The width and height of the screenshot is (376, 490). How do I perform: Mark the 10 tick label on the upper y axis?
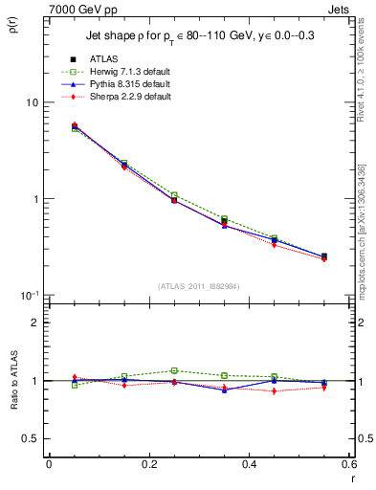click(x=31, y=102)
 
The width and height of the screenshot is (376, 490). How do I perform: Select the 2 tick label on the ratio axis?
click(x=35, y=323)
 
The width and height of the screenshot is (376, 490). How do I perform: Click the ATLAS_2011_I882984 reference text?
click(x=199, y=285)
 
